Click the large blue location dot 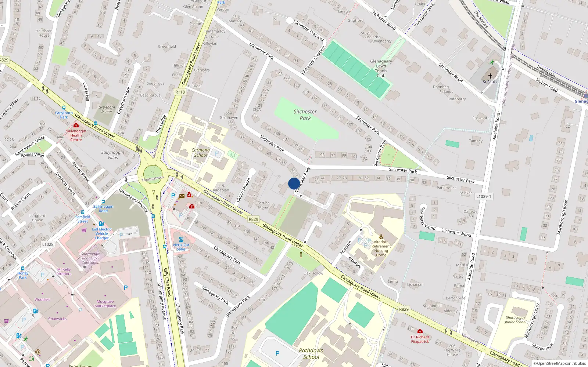tap(294, 183)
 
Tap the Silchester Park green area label tap(305, 115)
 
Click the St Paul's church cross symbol tap(490, 76)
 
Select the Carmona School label tap(201, 152)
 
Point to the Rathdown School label tap(311, 353)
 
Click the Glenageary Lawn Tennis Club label tap(381, 69)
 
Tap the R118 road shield tap(180, 92)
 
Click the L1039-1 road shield tap(484, 196)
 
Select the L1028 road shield tap(48, 244)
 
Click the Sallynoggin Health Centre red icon tap(76, 126)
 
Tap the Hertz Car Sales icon tap(181, 239)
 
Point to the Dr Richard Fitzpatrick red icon tap(420, 331)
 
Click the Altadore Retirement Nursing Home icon tap(381, 236)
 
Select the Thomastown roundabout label tap(153, 179)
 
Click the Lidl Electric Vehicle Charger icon tap(101, 224)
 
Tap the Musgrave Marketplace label tap(105, 304)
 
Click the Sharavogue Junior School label tap(515, 320)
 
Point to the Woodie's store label tap(42, 299)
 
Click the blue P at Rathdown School tap(277, 353)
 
